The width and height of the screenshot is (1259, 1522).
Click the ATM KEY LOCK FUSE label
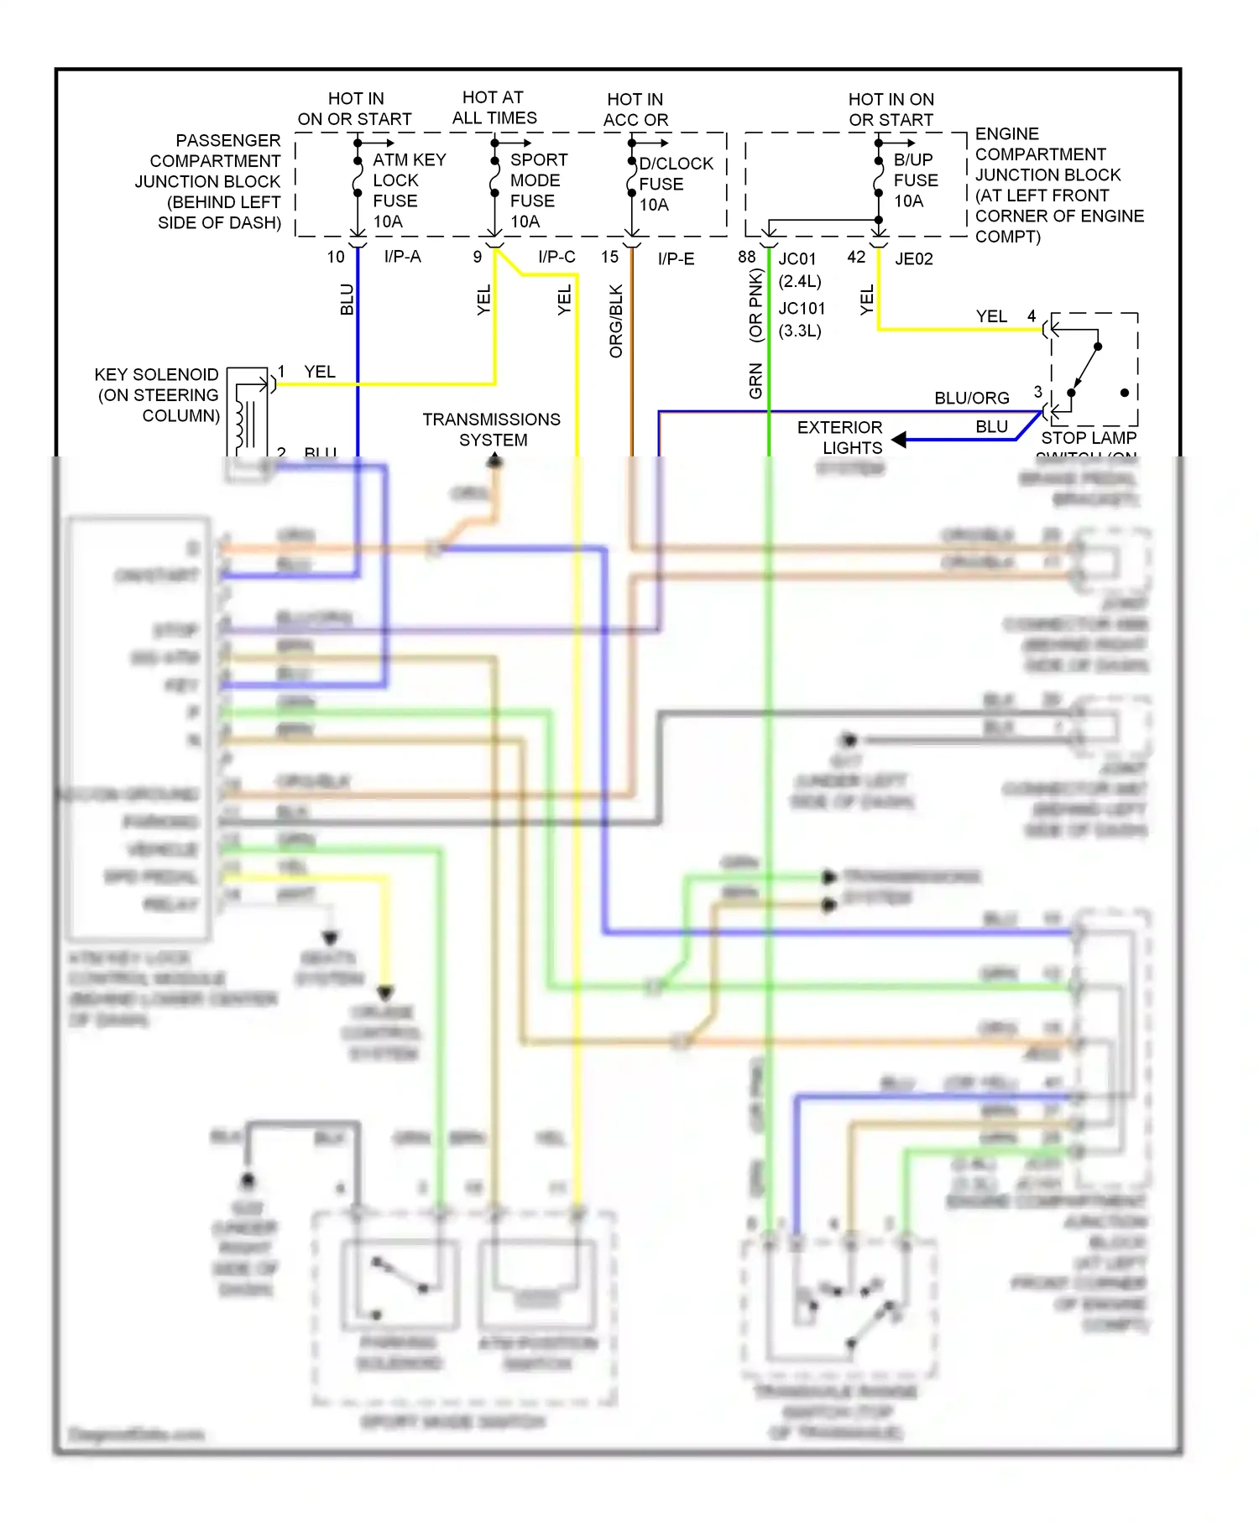408,190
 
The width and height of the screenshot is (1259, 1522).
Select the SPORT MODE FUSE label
538,190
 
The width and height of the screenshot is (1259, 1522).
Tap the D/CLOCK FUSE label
674,184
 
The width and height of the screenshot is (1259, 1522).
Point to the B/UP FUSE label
915,180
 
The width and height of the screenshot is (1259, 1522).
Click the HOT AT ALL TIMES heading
494,108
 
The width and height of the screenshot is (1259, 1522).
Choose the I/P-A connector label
403,257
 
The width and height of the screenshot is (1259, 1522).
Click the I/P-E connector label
676,258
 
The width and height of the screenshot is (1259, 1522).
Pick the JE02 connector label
913,258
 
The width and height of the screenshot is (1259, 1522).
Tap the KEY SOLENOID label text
158,394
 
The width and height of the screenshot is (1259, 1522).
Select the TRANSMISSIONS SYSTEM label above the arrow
492,429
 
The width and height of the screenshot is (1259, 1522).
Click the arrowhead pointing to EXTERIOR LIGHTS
898,440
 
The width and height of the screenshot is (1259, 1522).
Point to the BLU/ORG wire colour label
971,398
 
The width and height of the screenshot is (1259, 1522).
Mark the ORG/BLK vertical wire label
616,321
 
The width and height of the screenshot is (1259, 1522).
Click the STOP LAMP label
1089,438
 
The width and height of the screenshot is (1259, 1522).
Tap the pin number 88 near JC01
746,257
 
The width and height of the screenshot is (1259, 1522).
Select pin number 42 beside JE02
855,257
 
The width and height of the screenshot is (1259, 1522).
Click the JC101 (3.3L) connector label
801,320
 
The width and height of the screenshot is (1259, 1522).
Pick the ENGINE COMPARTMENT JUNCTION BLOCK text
1058,185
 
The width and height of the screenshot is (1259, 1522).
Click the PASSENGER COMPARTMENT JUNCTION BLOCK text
210,181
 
